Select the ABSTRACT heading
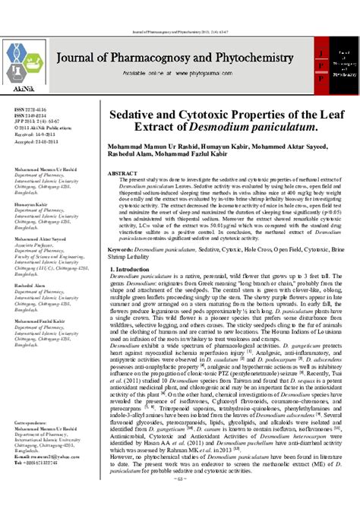pos(122,174)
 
